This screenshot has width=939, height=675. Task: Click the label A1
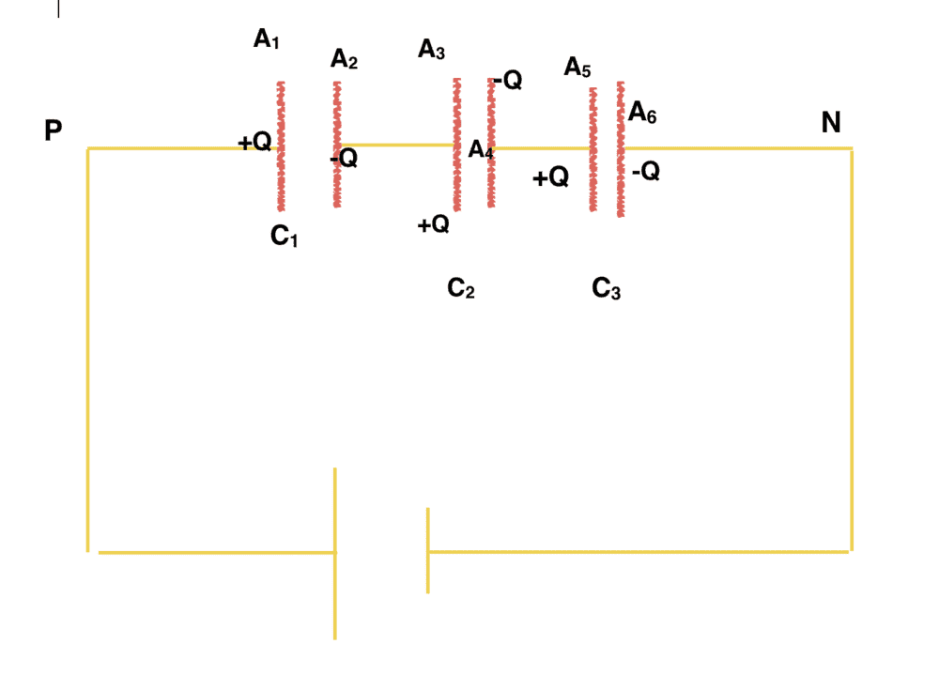click(267, 38)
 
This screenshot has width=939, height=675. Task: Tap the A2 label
click(344, 59)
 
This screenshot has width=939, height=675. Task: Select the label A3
click(431, 49)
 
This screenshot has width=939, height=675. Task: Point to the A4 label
click(481, 149)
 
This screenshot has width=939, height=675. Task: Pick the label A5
click(577, 67)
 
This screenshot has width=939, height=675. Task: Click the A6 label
click(642, 112)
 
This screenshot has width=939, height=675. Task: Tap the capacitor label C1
click(284, 236)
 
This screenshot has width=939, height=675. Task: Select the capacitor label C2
click(461, 288)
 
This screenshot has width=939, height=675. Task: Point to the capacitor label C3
click(606, 288)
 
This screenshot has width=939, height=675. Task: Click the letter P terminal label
click(54, 130)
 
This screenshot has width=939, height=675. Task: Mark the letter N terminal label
click(831, 122)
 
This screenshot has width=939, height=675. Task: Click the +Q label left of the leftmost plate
click(254, 142)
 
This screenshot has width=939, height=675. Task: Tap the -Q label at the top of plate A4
click(507, 80)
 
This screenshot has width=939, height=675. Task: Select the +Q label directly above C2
click(434, 224)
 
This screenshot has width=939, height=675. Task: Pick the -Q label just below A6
click(646, 171)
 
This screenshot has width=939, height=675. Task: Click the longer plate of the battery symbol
click(335, 554)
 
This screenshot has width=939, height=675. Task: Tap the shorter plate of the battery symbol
click(427, 551)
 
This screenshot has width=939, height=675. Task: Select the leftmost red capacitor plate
click(281, 146)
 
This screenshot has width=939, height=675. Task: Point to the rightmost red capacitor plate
click(621, 148)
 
